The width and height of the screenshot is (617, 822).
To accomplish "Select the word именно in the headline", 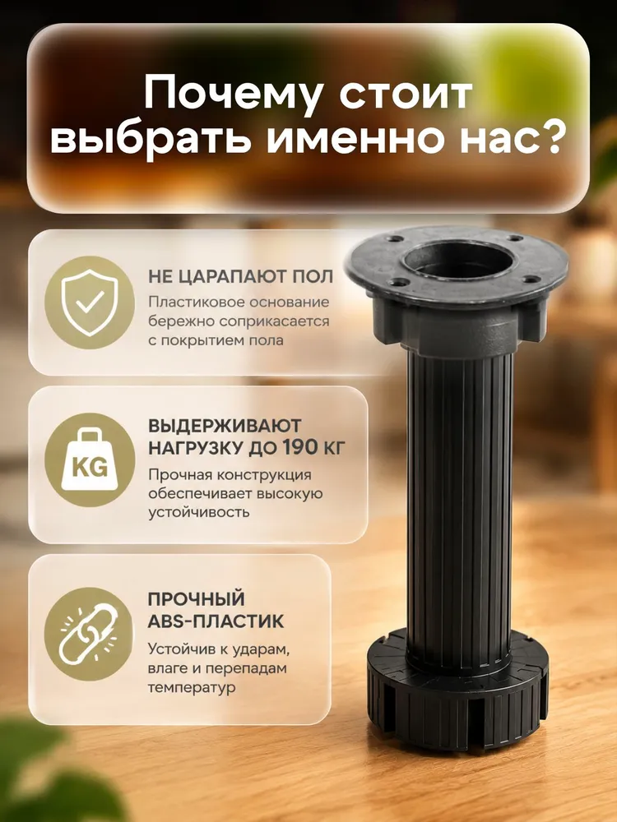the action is click(x=358, y=140).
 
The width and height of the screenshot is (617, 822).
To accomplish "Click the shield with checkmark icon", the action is click(x=90, y=302).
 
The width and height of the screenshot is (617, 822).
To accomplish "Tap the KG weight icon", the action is click(x=90, y=459).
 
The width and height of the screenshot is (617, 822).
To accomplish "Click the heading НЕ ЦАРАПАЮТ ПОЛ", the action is click(x=241, y=276).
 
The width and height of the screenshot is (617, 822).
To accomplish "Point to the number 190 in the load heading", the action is click(x=300, y=447).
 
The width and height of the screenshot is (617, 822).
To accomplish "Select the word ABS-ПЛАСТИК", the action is click(x=216, y=621).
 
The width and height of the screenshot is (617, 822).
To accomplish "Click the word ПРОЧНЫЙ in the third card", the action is click(x=197, y=598).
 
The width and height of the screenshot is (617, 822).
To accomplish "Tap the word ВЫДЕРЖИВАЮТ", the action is click(x=225, y=425).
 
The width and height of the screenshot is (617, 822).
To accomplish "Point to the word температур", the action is click(x=192, y=687).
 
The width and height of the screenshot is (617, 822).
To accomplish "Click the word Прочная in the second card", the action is click(x=179, y=475).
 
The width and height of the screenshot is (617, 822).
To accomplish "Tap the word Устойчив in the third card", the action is click(x=181, y=650).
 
